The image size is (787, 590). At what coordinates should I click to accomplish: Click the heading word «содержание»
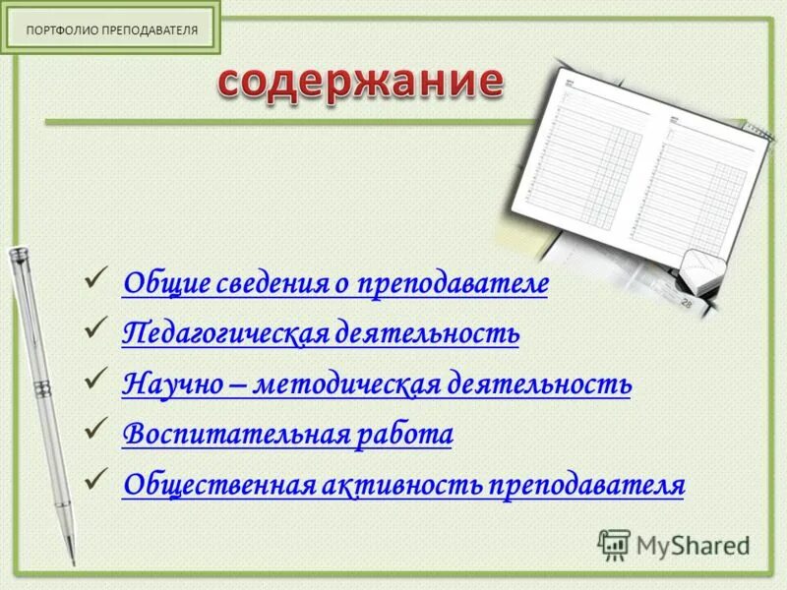(x=359, y=83)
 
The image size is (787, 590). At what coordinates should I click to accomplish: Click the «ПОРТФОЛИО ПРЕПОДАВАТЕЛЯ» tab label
(x=112, y=29)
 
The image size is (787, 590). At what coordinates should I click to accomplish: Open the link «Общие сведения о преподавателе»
(x=335, y=284)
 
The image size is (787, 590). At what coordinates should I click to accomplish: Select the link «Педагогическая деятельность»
(x=321, y=334)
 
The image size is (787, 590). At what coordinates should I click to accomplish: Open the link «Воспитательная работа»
(x=287, y=434)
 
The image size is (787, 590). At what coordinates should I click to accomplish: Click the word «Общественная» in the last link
(x=217, y=485)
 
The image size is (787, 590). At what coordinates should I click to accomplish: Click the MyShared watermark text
(x=693, y=545)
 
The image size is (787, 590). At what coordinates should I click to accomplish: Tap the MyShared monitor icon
(x=615, y=544)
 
